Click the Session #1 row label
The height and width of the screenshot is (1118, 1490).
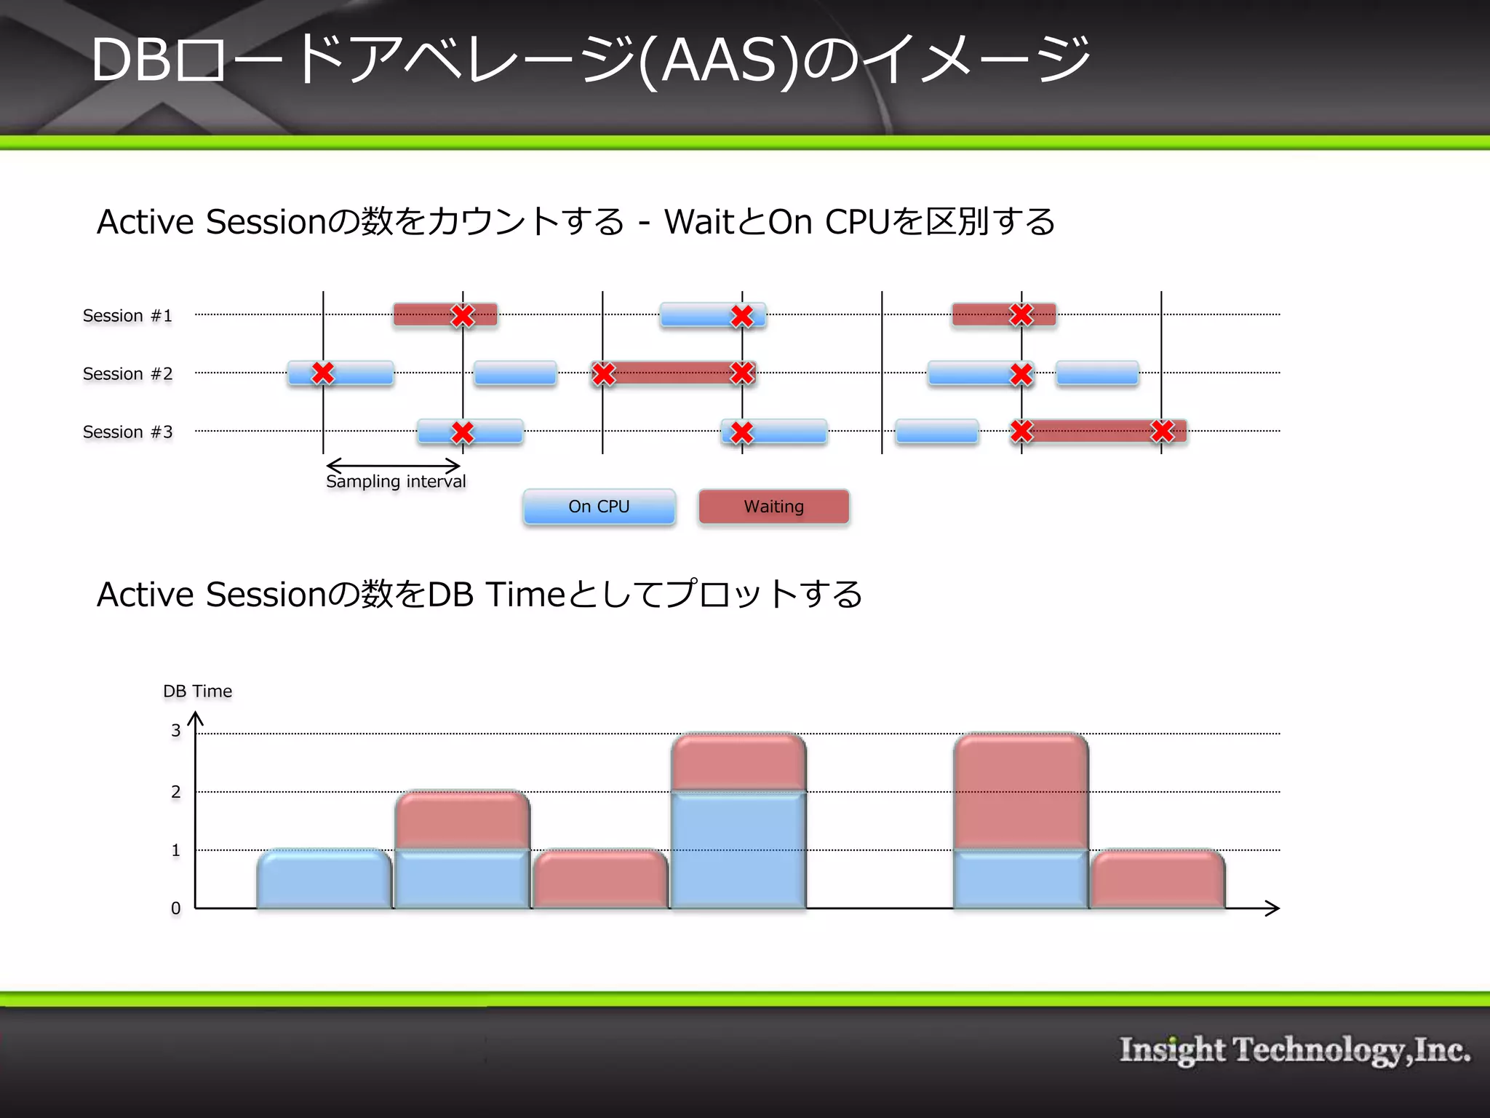[x=127, y=316]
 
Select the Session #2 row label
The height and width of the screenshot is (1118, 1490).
[x=127, y=374]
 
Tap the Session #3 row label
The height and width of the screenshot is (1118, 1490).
[x=127, y=432]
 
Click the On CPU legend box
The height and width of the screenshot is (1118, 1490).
[x=599, y=507]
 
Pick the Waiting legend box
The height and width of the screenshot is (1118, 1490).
[x=773, y=507]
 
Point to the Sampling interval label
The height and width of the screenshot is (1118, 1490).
[x=396, y=482]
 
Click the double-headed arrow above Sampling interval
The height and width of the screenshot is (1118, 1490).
[x=393, y=466]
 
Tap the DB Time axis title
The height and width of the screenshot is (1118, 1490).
[x=197, y=691]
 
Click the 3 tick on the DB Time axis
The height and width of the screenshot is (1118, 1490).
[x=175, y=731]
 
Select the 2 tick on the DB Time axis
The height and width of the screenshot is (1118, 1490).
[x=175, y=792]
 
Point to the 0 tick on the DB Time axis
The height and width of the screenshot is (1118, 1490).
[x=175, y=908]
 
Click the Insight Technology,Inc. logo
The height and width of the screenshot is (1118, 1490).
[x=1294, y=1050]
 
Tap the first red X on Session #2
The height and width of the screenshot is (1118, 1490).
[x=323, y=373]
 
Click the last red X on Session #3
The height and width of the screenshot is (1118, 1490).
[x=1162, y=431]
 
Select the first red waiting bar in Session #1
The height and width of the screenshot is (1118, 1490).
[x=422, y=315]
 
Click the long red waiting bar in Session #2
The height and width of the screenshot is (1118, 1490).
[x=673, y=373]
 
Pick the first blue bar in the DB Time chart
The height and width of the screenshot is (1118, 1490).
[x=324, y=879]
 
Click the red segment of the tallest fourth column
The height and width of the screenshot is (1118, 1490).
[x=738, y=762]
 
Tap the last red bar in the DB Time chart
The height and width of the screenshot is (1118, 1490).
[x=1158, y=879]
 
